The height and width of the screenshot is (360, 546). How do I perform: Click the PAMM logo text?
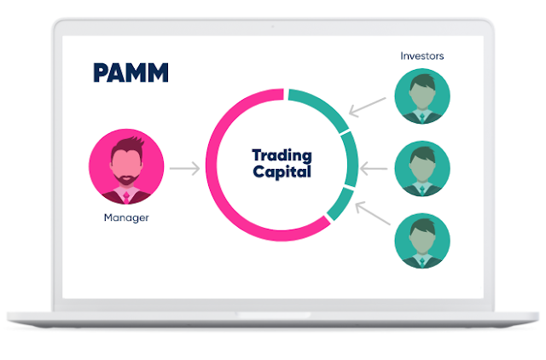131,73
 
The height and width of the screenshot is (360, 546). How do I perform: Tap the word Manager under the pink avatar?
125,218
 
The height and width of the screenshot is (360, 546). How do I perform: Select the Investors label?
422,56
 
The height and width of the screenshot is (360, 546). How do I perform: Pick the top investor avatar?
422,97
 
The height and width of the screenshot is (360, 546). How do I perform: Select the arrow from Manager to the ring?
183,168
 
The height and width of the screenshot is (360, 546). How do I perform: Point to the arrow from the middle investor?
374,169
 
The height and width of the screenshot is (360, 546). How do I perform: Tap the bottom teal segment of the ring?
340,206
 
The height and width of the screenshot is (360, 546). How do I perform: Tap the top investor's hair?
422,81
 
